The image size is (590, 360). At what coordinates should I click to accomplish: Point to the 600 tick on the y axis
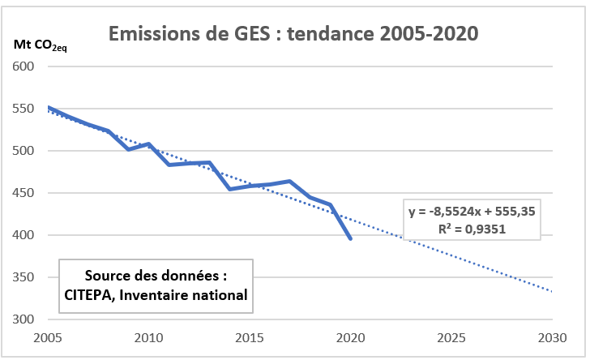pyautogui.click(x=31, y=66)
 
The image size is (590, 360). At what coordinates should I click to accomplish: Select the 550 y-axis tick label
pyautogui.click(x=31, y=109)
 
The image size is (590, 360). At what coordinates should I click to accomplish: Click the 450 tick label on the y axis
pyautogui.click(x=31, y=193)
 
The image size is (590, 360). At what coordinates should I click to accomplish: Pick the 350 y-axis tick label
pyautogui.click(x=31, y=277)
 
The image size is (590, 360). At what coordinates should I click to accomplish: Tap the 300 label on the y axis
pyautogui.click(x=31, y=319)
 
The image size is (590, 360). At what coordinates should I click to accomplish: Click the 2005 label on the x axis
pyautogui.click(x=47, y=336)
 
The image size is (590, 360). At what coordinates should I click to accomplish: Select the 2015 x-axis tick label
pyautogui.click(x=249, y=336)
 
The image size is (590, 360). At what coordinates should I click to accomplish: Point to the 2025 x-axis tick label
pyautogui.click(x=451, y=336)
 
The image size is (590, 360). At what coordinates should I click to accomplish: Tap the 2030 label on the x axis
pyautogui.click(x=551, y=336)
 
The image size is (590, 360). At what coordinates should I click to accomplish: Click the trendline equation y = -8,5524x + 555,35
pyautogui.click(x=472, y=212)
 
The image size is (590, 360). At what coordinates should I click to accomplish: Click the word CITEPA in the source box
pyautogui.click(x=91, y=296)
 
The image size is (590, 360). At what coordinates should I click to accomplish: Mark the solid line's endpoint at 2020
pyautogui.click(x=350, y=238)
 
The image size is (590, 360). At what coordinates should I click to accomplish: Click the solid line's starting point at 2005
pyautogui.click(x=48, y=107)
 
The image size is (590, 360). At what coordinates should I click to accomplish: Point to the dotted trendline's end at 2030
pyautogui.click(x=552, y=291)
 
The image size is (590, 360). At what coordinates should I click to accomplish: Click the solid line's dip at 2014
pyautogui.click(x=229, y=189)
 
